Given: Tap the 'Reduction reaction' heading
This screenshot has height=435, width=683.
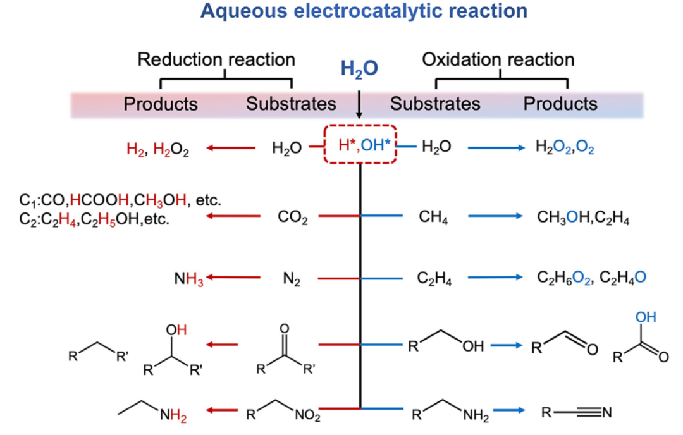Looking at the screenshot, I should [x=216, y=60].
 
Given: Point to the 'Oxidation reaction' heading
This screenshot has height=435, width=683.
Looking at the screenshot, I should [x=498, y=60].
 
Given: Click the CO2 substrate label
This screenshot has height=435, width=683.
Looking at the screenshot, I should [x=292, y=217].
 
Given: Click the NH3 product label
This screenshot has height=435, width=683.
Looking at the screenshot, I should [x=189, y=279].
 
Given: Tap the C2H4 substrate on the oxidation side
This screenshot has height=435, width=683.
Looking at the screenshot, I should [x=434, y=279].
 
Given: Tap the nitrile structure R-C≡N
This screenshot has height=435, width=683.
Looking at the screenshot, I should [x=577, y=413].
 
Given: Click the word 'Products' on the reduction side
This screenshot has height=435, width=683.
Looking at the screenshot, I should [x=161, y=104].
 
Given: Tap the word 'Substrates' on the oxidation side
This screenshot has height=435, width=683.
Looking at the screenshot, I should [x=435, y=104].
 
